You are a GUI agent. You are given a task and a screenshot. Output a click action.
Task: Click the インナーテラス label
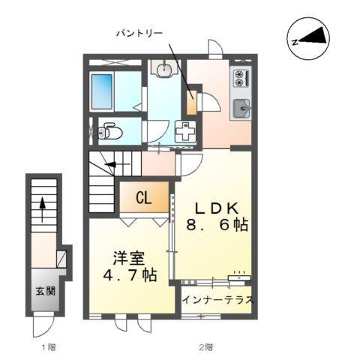click(x=217, y=300)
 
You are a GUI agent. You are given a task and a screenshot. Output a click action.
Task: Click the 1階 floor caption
click(x=48, y=346)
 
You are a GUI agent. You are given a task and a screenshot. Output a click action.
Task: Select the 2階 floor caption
click(x=205, y=346)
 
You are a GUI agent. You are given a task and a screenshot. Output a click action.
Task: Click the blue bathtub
click(x=104, y=91)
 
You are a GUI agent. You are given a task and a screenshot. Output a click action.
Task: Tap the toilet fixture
click(x=111, y=133)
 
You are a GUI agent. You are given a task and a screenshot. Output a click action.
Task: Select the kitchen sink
click(x=240, y=109)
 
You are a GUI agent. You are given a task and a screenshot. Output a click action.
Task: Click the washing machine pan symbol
click(x=184, y=131)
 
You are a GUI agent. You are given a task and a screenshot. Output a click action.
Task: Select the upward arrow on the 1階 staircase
click(x=43, y=203)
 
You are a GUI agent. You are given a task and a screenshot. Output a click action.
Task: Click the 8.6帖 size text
click(x=217, y=225)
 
